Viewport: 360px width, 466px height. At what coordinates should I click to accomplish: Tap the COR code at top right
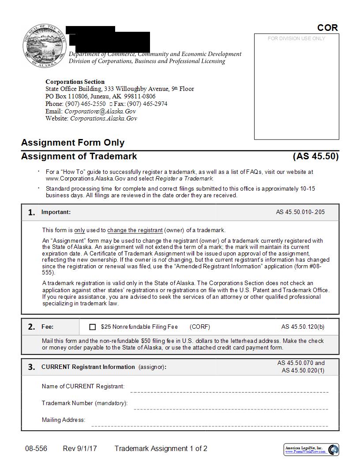pos(327,28)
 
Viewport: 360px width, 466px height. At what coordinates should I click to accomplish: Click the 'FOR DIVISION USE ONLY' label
pos(296,39)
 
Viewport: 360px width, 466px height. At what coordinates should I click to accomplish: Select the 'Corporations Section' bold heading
pos(75,82)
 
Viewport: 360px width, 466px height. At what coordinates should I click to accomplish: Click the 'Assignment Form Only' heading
pos(73,143)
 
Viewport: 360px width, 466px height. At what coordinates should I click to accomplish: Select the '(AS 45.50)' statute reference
pos(315,156)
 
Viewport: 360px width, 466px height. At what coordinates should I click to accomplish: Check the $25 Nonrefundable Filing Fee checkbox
pos(92,327)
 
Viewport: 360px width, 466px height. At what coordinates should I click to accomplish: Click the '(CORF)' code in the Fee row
pos(200,327)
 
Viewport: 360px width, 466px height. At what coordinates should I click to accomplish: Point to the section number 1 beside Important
pos(31,212)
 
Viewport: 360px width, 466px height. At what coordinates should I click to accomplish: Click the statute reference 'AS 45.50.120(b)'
pos(303,327)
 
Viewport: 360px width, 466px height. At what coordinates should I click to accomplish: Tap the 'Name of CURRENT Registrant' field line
pos(229,391)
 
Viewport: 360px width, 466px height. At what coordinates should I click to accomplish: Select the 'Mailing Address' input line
pos(210,426)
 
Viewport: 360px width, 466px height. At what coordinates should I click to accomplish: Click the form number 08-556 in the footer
pos(36,449)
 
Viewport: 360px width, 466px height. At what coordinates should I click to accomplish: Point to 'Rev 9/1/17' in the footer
pos(80,449)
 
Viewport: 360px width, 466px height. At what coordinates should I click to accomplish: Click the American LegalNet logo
pos(311,450)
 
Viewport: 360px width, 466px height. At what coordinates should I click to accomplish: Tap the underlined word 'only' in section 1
pos(79,230)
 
